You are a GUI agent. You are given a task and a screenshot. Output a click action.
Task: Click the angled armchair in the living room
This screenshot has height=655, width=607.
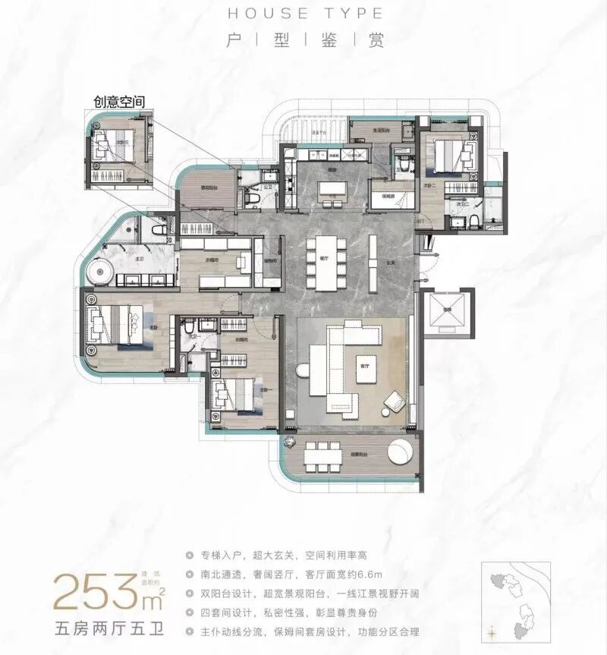click(395, 402)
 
